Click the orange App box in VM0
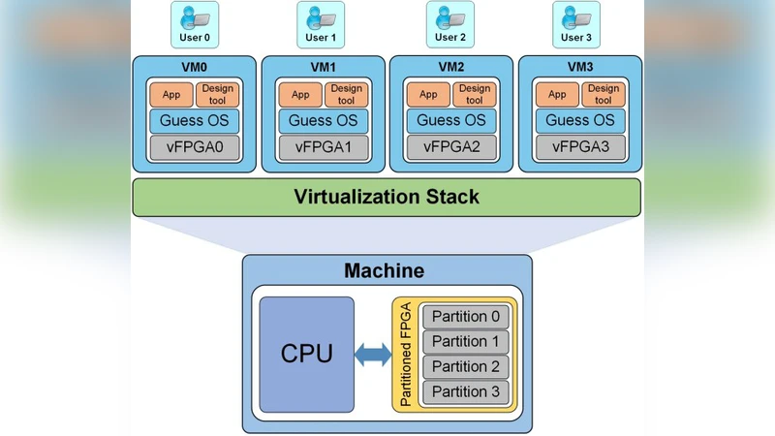click(172, 95)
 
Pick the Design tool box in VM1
click(345, 95)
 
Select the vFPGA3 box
click(579, 147)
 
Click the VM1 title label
click(323, 68)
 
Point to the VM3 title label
click(579, 68)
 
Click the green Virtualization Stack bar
click(387, 198)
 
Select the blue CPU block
click(307, 355)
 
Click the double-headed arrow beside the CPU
click(373, 356)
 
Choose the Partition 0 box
click(466, 317)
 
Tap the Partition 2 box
click(466, 367)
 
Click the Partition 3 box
click(466, 392)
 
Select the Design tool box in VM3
click(602, 95)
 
